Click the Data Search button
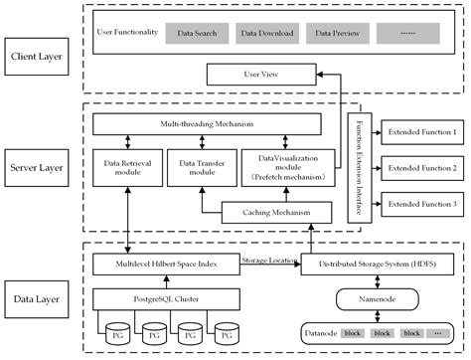pos(197,34)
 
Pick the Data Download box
pos(267,34)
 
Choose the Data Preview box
pos(337,34)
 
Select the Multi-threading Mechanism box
pos(206,123)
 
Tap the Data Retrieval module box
pos(125,169)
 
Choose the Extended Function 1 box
pos(422,131)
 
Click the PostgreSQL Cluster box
pos(164,296)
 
